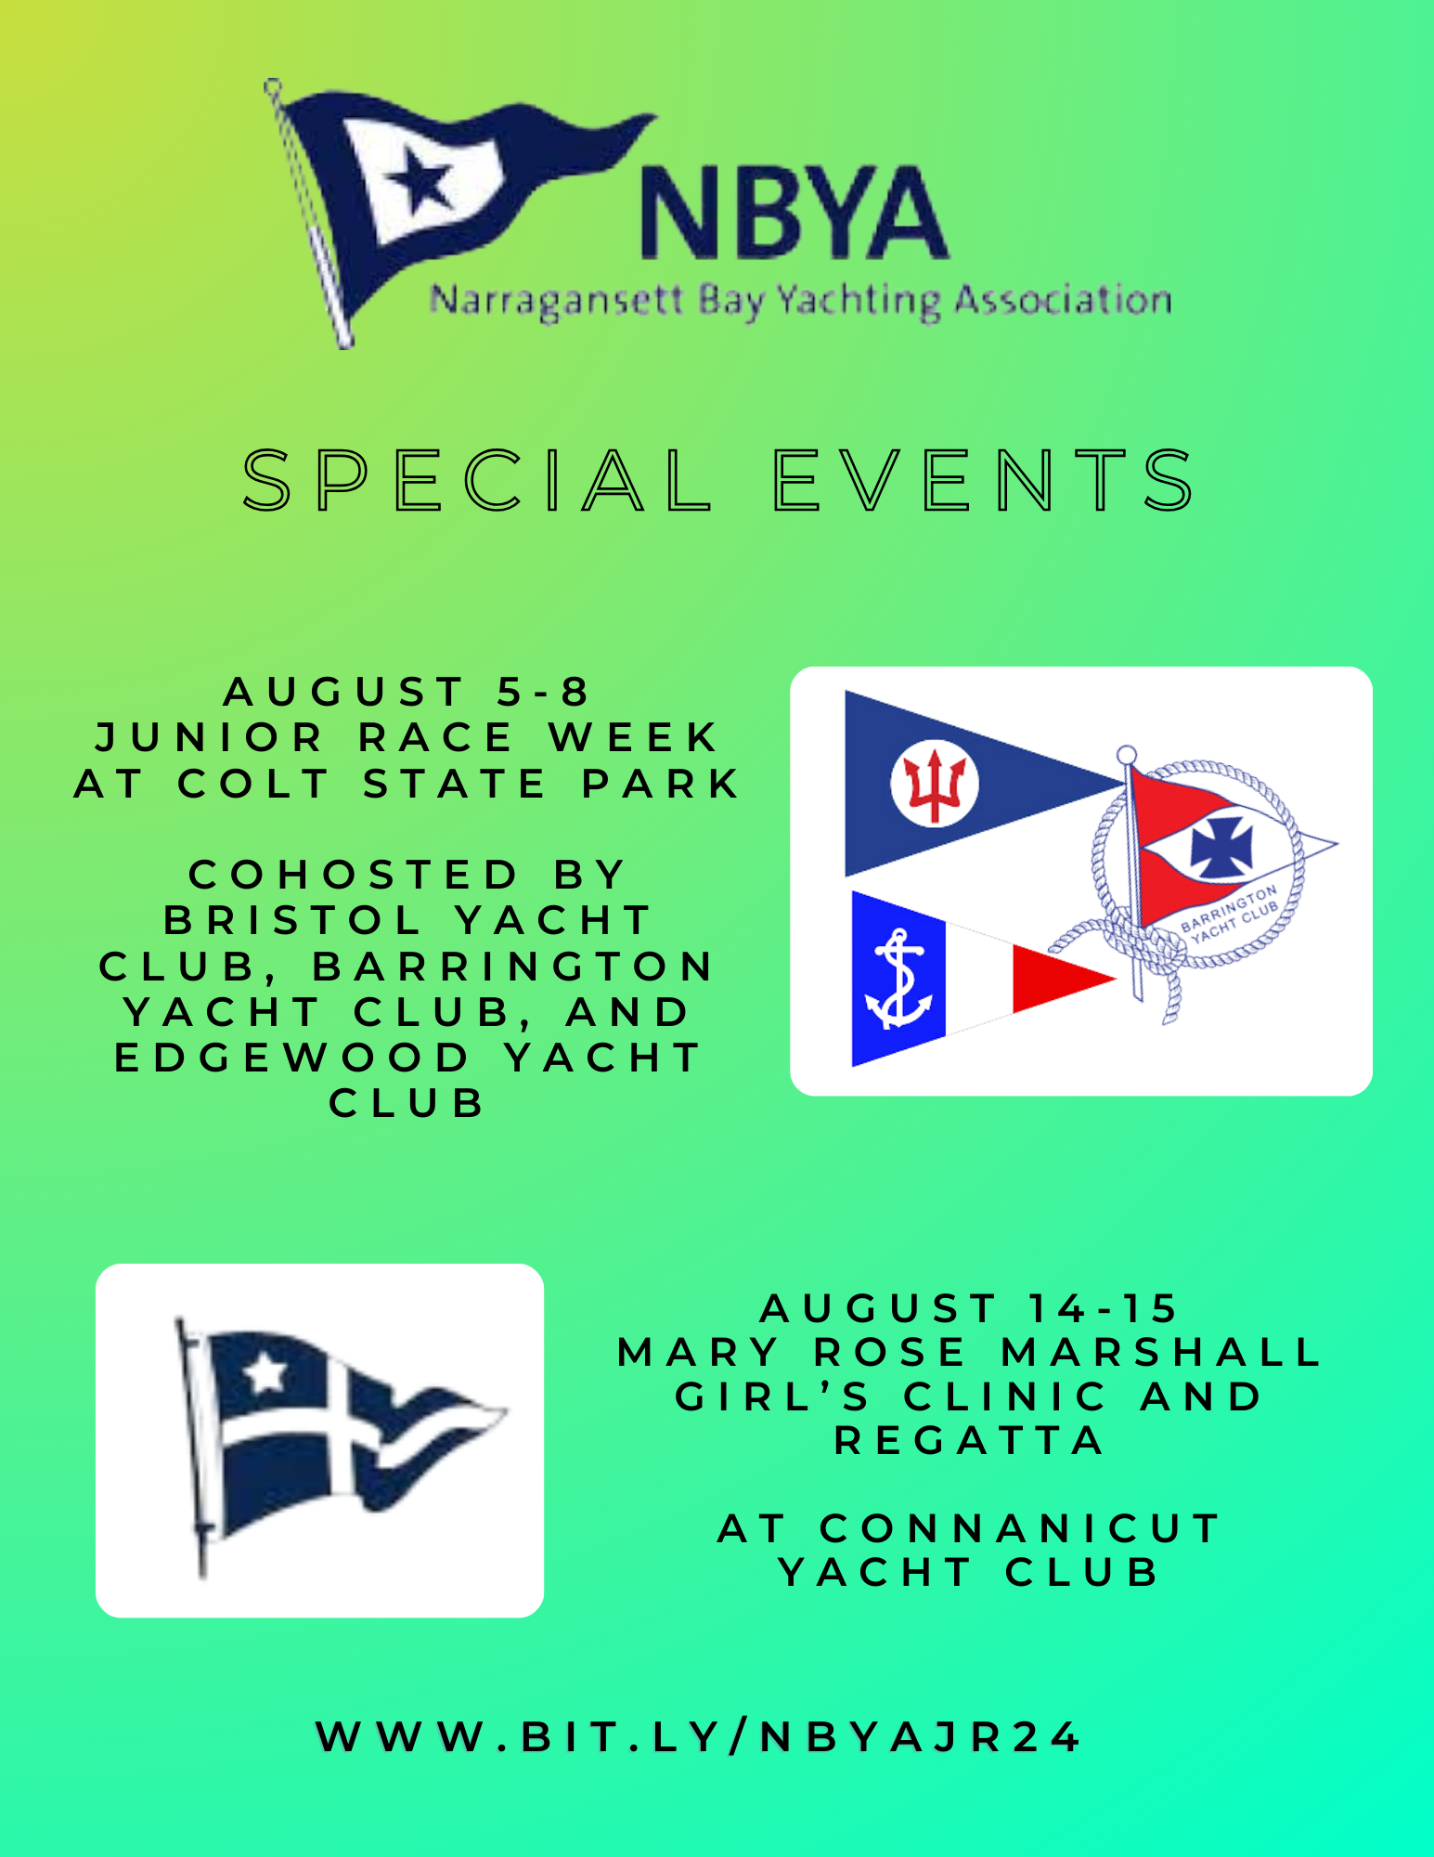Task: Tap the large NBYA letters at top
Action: [x=795, y=213]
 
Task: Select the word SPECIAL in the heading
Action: [x=477, y=480]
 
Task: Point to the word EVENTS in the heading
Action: [x=984, y=480]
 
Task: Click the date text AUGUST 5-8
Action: [x=407, y=692]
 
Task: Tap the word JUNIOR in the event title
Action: [x=210, y=738]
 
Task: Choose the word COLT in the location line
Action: [x=253, y=784]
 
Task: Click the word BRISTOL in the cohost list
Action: [x=293, y=921]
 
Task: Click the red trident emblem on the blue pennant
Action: [x=934, y=783]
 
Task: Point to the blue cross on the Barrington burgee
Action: [x=1221, y=847]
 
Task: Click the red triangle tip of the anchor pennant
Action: [x=1063, y=979]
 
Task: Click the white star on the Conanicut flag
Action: [x=265, y=1372]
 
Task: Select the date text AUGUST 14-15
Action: [x=969, y=1308]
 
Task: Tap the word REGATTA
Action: [x=969, y=1441]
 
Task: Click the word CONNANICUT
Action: [x=1020, y=1528]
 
